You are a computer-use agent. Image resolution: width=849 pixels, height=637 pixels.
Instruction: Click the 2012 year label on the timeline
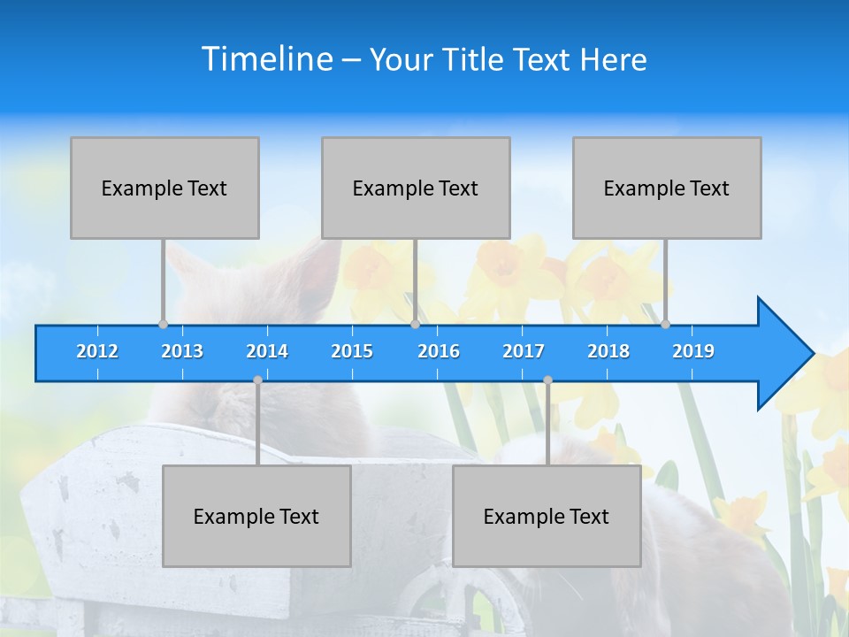97,351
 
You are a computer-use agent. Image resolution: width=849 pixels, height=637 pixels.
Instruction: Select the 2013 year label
182,351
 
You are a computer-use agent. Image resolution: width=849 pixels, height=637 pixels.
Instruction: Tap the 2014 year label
267,351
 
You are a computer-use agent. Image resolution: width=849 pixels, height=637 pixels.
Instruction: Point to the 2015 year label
352,351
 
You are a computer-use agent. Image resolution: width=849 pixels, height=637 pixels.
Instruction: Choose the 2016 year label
439,351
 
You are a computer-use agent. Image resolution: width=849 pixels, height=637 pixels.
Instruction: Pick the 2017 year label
524,351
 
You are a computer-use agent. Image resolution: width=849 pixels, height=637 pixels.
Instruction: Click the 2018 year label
608,351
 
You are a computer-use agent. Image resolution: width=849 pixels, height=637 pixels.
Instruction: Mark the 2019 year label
693,351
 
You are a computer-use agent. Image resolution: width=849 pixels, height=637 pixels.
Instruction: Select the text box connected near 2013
164,188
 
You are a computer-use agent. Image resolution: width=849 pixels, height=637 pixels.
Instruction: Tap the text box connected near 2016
416,188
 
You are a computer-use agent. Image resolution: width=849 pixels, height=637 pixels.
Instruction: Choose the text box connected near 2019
667,188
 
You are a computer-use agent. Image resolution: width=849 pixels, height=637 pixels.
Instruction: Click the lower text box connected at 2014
256,516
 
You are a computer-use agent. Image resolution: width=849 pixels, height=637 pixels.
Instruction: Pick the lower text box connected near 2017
547,516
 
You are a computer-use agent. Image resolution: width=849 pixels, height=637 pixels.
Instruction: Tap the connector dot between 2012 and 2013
163,324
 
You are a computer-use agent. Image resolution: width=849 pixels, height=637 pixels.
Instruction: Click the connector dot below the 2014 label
257,380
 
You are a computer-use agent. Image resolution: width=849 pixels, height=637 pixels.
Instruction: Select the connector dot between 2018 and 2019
665,324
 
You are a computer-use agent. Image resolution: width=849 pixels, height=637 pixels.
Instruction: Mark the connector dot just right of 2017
547,380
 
